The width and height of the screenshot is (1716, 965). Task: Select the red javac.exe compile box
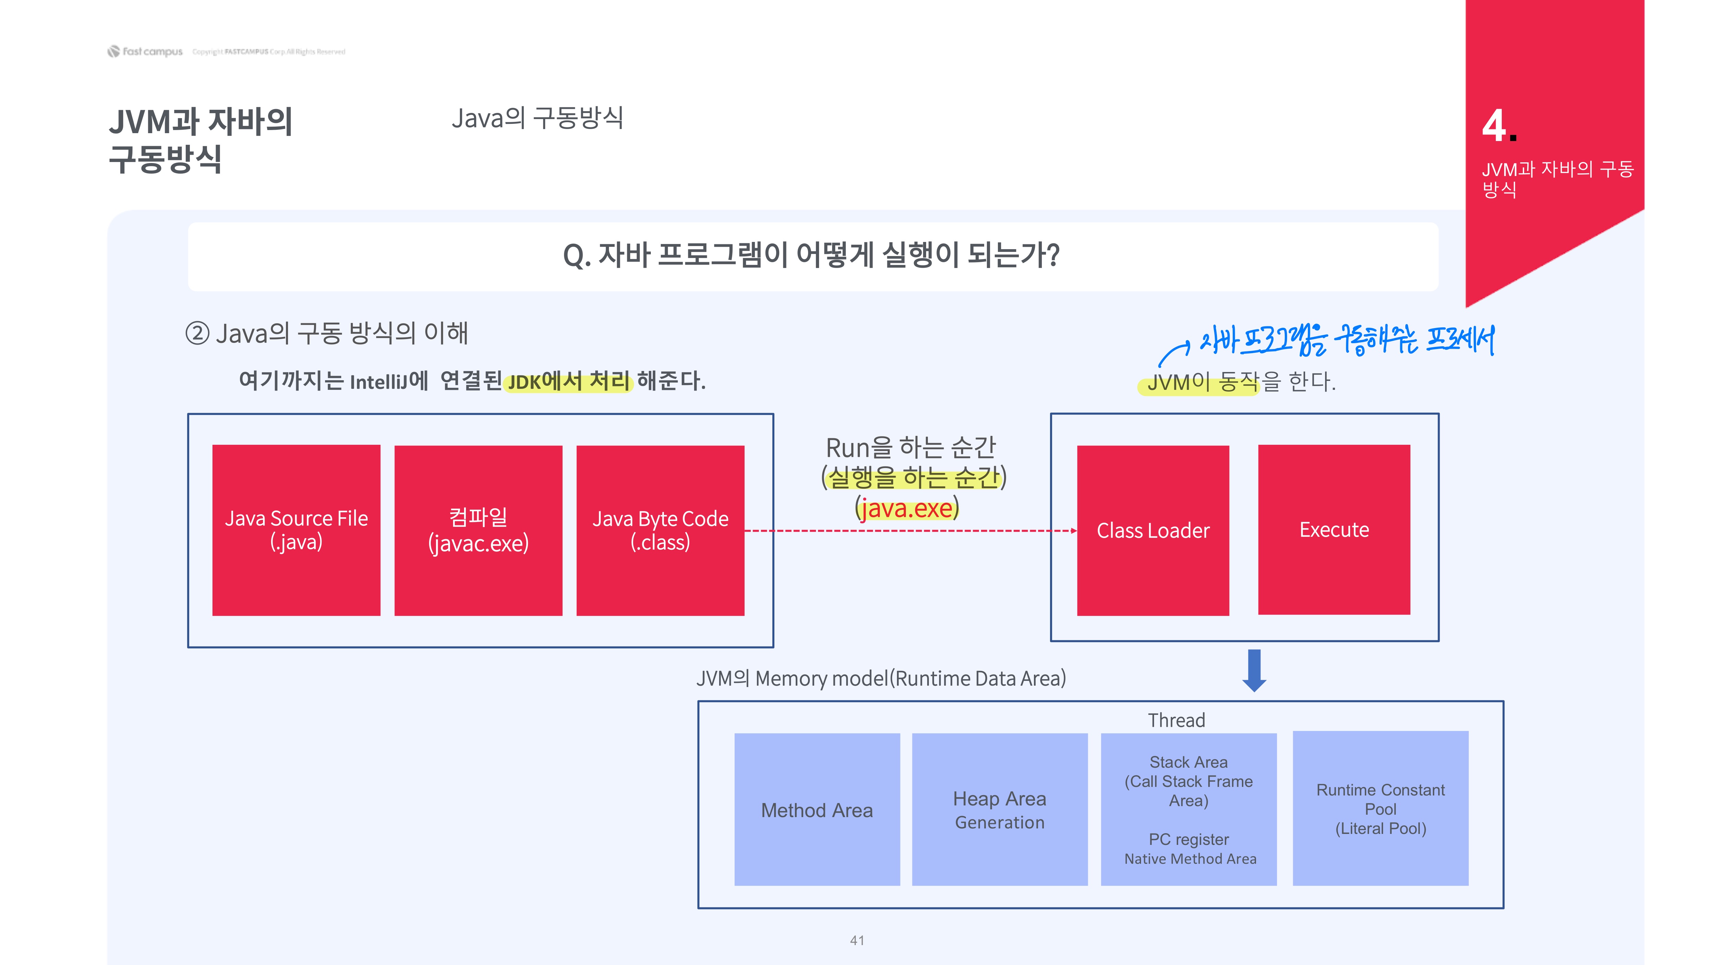tap(478, 530)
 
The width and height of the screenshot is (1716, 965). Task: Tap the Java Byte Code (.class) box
tap(660, 530)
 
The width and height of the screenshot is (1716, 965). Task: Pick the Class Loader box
tap(1152, 530)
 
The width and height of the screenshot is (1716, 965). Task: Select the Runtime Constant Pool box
tap(1380, 809)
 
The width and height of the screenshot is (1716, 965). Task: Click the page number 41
tap(857, 940)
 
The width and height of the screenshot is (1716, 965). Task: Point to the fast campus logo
tap(145, 51)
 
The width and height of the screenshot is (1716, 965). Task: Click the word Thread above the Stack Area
tap(1176, 720)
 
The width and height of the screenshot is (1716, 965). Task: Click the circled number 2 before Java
tap(197, 333)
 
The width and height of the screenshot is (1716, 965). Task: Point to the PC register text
tap(1188, 839)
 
